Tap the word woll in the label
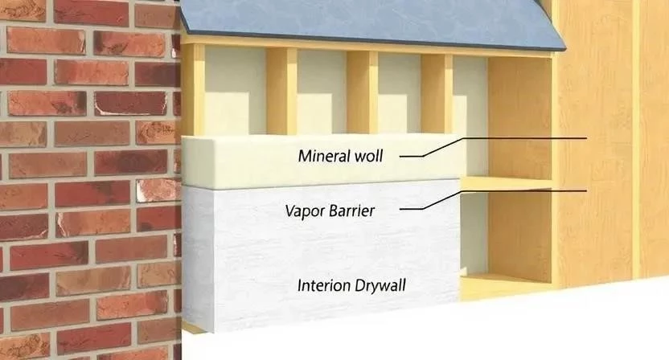tap(367, 155)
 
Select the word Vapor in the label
tap(304, 211)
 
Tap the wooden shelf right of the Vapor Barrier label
tap(507, 184)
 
